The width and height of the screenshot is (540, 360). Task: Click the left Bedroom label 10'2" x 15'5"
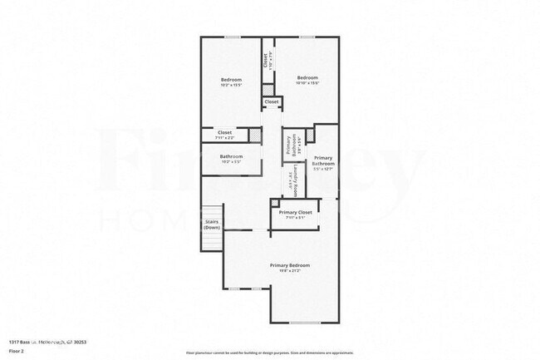231,81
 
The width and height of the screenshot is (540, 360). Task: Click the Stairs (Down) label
212,224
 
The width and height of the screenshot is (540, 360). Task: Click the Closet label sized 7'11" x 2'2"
225,134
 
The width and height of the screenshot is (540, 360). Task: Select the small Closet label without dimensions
272,102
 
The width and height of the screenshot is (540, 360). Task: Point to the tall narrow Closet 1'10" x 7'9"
266,61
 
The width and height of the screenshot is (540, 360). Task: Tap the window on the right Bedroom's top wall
307,37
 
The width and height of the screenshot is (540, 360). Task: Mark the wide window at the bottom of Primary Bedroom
305,322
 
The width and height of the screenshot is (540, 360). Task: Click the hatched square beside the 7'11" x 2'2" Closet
255,135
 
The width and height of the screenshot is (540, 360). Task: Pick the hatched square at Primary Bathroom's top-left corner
311,134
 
